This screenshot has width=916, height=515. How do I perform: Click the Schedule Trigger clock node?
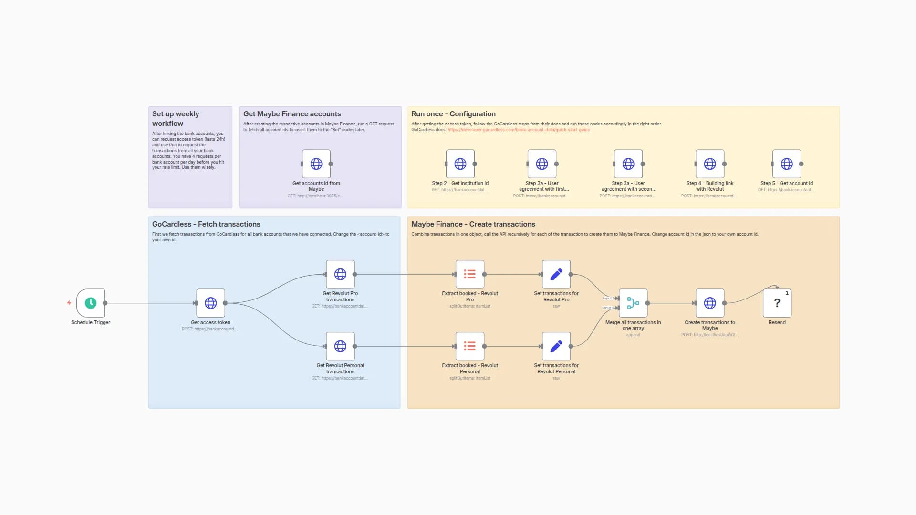click(91, 303)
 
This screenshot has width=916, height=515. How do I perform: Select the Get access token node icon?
click(210, 303)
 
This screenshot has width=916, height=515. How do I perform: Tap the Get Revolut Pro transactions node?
click(340, 274)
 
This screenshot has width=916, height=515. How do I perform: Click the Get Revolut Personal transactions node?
click(340, 346)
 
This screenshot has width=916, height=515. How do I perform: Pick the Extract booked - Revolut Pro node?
click(470, 274)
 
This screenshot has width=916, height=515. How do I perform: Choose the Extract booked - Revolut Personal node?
click(470, 346)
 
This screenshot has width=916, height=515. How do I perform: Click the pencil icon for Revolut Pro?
click(556, 274)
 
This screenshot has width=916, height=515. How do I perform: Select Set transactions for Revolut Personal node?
click(556, 346)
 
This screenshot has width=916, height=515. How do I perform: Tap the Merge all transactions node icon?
click(633, 303)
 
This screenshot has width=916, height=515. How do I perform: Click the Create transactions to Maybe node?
click(710, 303)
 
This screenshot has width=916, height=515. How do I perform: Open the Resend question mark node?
click(777, 303)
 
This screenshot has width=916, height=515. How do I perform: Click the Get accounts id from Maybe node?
click(316, 164)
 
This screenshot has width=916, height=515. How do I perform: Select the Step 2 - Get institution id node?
click(460, 164)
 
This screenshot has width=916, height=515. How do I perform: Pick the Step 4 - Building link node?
click(710, 164)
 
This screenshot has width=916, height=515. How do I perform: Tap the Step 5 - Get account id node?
click(787, 164)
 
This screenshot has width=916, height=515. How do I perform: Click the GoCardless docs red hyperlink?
click(519, 130)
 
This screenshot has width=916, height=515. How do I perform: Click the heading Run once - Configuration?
click(453, 114)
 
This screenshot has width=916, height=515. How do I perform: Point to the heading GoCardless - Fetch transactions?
click(206, 224)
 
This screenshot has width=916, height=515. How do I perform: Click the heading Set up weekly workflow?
click(176, 118)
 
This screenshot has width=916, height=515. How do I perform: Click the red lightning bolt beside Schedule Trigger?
click(69, 303)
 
